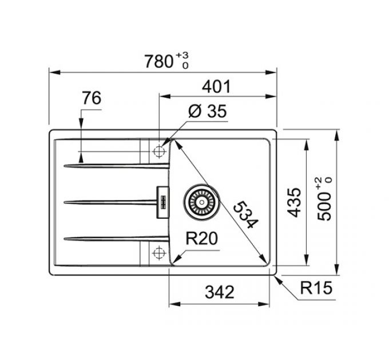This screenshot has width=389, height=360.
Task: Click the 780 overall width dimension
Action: (x=159, y=62)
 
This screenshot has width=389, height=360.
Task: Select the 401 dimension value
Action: (x=216, y=87)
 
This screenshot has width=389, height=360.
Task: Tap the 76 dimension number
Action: (x=92, y=98)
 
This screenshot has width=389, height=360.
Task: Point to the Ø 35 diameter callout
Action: (x=208, y=111)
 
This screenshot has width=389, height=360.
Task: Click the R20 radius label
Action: (x=202, y=239)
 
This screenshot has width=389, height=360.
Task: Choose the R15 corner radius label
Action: (x=316, y=288)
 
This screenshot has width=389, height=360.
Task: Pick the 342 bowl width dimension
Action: (x=220, y=292)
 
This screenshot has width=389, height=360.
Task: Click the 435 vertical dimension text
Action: (x=293, y=203)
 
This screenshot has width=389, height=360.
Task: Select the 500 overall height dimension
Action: (x=324, y=207)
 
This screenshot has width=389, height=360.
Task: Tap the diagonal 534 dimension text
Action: (x=246, y=214)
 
